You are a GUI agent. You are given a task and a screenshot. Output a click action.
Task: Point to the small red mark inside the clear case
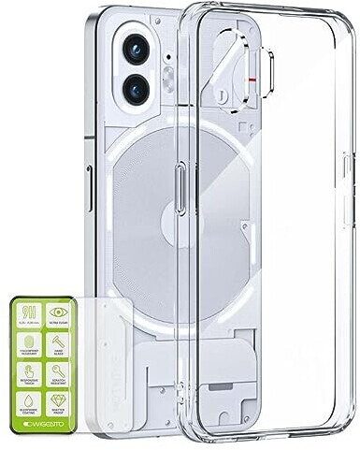(255, 82)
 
